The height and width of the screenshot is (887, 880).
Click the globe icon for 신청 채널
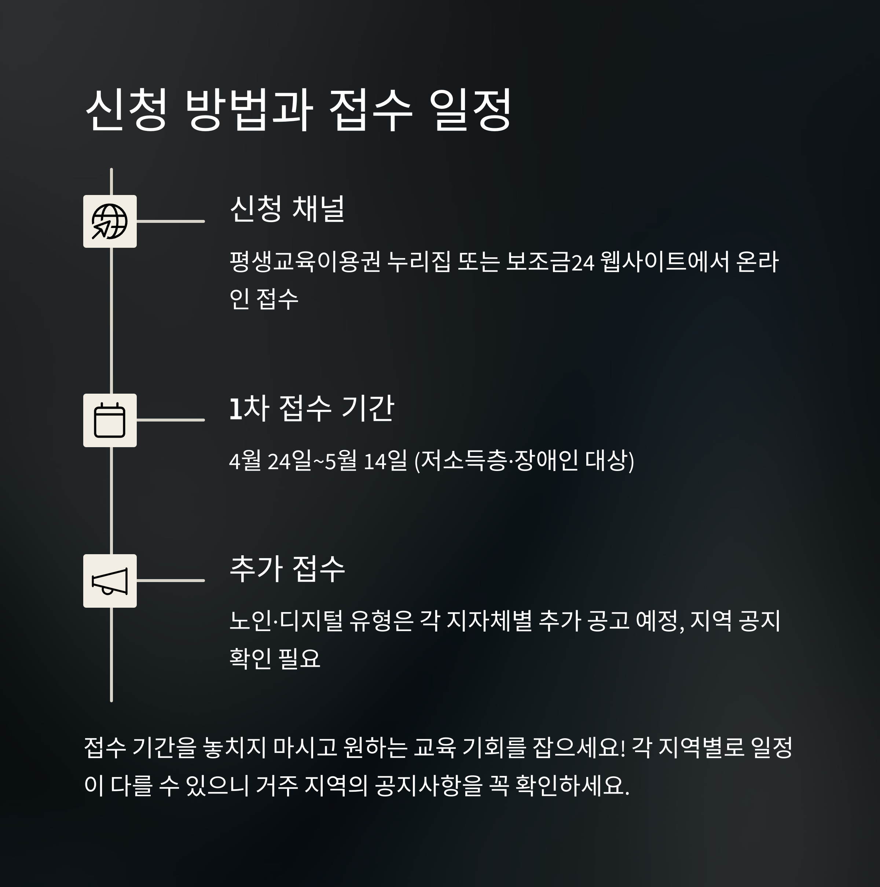click(110, 221)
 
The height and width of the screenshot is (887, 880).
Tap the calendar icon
click(110, 420)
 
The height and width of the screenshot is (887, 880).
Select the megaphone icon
click(110, 581)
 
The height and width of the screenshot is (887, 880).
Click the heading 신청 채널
click(287, 209)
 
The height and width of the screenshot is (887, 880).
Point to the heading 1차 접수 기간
click(311, 408)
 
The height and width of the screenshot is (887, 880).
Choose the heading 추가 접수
click(287, 569)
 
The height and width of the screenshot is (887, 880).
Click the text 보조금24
click(550, 262)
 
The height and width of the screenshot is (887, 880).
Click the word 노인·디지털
click(286, 622)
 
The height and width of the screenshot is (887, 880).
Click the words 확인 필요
click(274, 658)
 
